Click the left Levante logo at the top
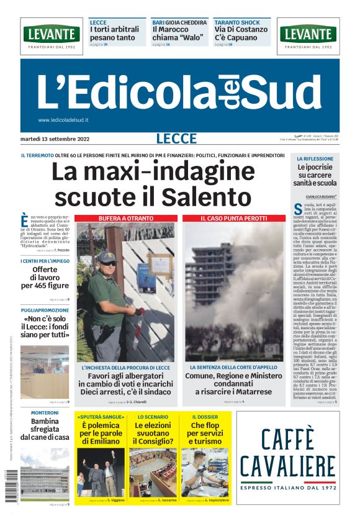click(52, 34)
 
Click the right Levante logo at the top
click(308, 34)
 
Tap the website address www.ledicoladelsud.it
click(63, 120)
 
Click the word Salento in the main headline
click(208, 197)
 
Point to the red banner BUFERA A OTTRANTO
click(126, 219)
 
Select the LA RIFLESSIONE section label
click(315, 159)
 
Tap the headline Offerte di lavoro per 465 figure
click(45, 278)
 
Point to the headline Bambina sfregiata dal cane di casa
click(45, 429)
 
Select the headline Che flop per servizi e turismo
click(205, 434)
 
